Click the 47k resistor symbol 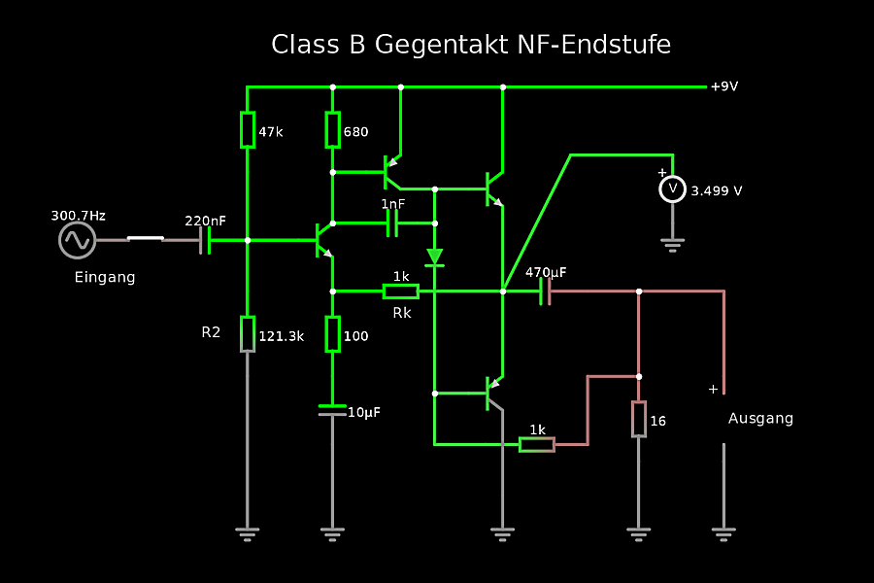click(x=248, y=129)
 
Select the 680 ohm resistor click(x=332, y=129)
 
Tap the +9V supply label click(x=724, y=86)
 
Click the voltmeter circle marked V click(x=672, y=189)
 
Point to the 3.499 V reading click(x=717, y=191)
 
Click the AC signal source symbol click(x=77, y=240)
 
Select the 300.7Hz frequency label click(x=79, y=215)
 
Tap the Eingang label click(x=105, y=278)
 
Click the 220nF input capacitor click(x=205, y=240)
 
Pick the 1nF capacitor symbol click(x=393, y=223)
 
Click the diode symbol click(x=434, y=257)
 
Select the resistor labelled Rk click(x=401, y=291)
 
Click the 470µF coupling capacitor click(x=545, y=291)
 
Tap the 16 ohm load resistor click(x=638, y=419)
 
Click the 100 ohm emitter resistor click(x=332, y=333)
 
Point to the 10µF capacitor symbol click(x=332, y=409)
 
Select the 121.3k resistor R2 click(x=248, y=333)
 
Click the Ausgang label click(x=760, y=419)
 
